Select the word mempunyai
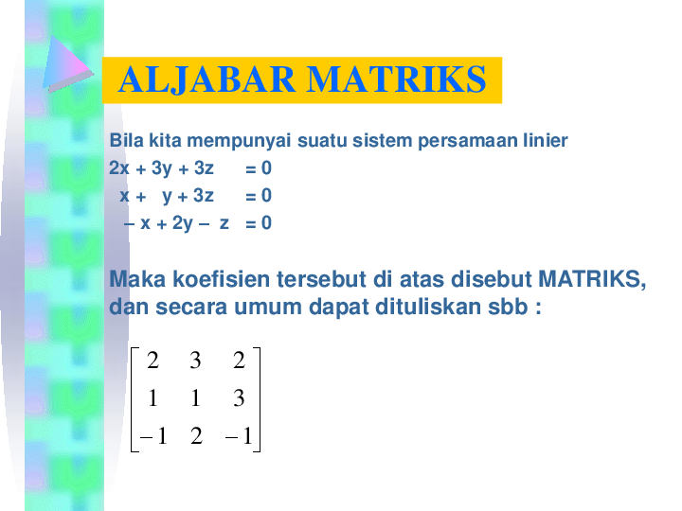click(235, 141)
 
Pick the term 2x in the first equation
click(119, 168)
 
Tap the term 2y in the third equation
click(182, 223)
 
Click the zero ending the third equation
click(266, 223)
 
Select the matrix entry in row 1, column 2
click(195, 361)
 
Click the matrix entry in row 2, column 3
click(239, 398)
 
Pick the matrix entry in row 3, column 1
click(152, 436)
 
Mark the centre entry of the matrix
click(195, 398)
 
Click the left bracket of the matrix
click(135, 398)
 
